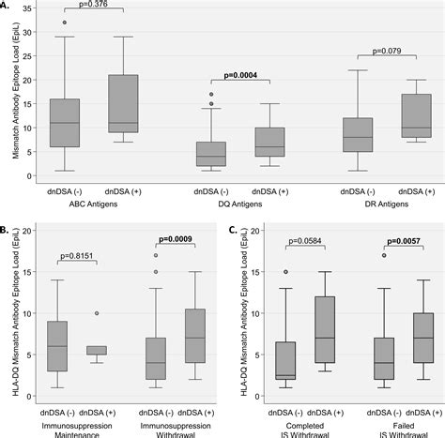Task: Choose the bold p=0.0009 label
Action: tap(176, 239)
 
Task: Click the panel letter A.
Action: tap(8, 8)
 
